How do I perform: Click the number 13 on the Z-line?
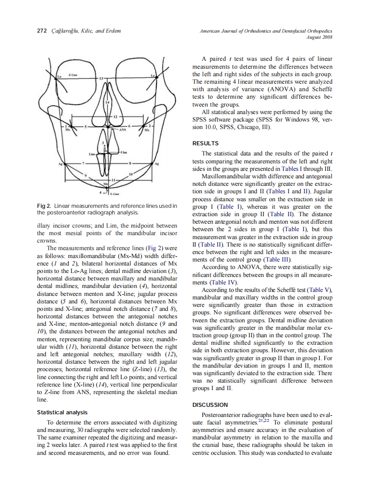(x=101, y=78)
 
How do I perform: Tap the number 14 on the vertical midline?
(x=107, y=102)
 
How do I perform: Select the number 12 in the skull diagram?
(x=115, y=116)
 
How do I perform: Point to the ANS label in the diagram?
(x=123, y=130)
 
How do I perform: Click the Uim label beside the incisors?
(x=124, y=152)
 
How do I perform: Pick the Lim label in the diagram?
(x=92, y=155)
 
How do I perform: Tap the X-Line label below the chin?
(x=115, y=193)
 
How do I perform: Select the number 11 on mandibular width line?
(x=113, y=180)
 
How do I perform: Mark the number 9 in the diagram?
(x=86, y=175)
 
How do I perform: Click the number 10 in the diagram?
(x=130, y=175)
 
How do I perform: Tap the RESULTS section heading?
(x=206, y=144)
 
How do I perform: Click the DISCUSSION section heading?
(x=210, y=405)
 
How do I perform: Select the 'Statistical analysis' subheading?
(x=62, y=413)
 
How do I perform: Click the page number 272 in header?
(x=42, y=31)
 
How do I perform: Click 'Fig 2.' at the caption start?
(x=44, y=206)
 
